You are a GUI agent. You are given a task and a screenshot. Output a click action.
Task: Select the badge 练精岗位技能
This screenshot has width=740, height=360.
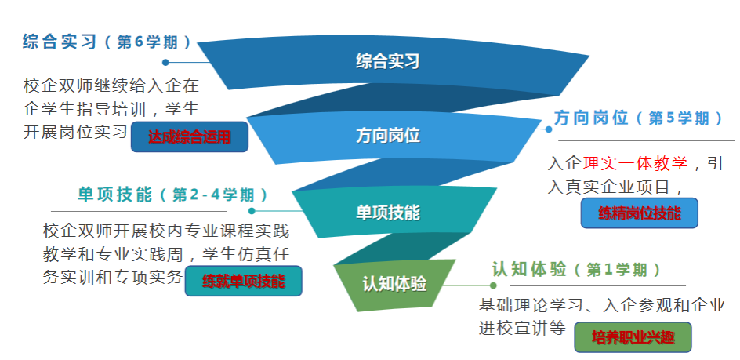pos(639,213)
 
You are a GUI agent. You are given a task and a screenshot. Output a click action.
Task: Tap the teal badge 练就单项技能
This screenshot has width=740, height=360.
pos(243,281)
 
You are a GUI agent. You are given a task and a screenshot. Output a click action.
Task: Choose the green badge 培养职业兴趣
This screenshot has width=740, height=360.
pos(633,337)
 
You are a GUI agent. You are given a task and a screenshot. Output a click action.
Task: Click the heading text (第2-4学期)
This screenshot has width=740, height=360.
pos(214,194)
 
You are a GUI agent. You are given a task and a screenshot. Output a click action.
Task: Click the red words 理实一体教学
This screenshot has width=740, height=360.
pos(635,163)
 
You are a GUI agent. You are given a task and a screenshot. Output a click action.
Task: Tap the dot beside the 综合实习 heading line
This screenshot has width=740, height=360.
pos(165,62)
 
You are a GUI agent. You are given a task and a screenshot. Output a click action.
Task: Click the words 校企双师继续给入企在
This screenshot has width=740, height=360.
pos(111,84)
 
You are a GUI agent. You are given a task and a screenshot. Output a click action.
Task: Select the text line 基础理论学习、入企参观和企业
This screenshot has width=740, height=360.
pos(601,305)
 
